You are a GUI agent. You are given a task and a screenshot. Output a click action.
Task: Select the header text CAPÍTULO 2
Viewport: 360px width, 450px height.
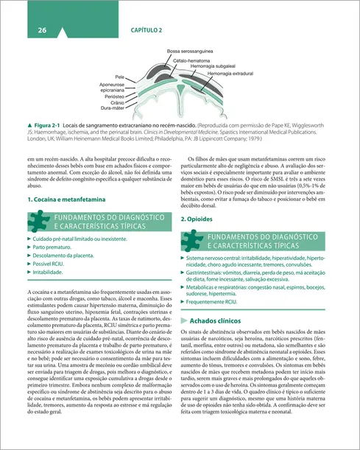coord(147,29)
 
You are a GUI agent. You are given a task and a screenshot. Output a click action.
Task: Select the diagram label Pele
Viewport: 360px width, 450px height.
coord(119,77)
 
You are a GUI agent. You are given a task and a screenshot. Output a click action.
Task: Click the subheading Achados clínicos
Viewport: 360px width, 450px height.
coord(219,322)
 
